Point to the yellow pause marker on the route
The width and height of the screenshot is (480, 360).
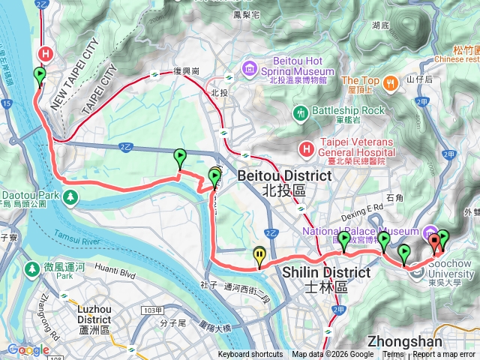pos(259,256)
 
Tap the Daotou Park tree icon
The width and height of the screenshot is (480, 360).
pos(70,196)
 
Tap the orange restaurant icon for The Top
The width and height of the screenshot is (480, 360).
pos(389,82)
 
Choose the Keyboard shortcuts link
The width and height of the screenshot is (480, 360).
pos(250,355)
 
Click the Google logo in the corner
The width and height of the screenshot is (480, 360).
pos(28,349)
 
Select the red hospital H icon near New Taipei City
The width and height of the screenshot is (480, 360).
pos(46,54)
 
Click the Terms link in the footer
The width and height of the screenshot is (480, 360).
pos(393,355)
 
